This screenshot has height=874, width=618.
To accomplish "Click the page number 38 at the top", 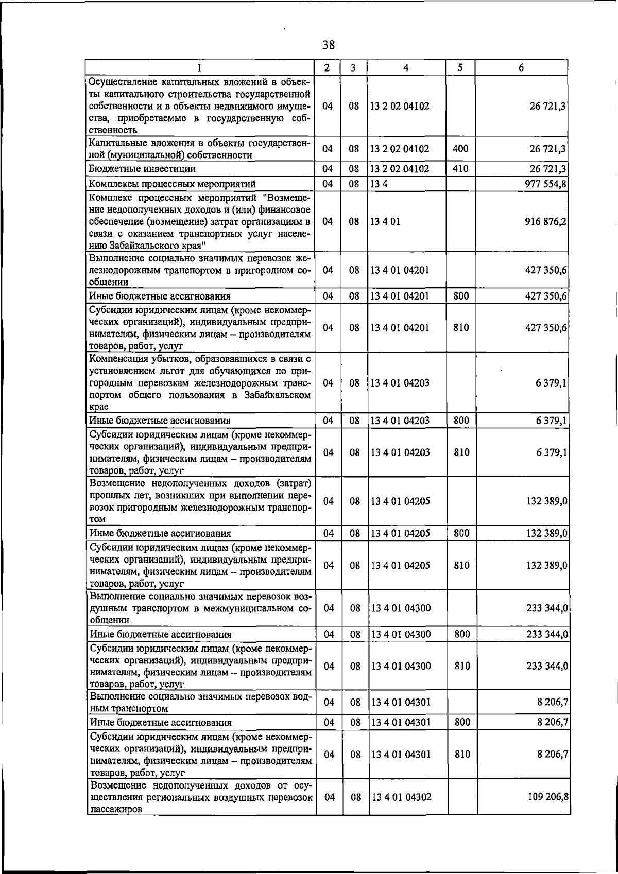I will pyautogui.click(x=329, y=45).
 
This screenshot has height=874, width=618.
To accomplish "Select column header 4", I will pyautogui.click(x=406, y=67).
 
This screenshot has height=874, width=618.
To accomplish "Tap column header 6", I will pyautogui.click(x=521, y=67).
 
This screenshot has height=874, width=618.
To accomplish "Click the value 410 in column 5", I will pyautogui.click(x=460, y=169).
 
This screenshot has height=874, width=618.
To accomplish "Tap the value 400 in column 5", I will pyautogui.click(x=460, y=149).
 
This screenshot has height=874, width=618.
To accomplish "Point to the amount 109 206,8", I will pyautogui.click(x=547, y=797).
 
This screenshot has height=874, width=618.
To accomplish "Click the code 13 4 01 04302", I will pyautogui.click(x=401, y=797).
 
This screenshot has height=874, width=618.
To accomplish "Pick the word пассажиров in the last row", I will pyautogui.click(x=115, y=809).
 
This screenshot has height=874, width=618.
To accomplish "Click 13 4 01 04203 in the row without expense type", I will pyautogui.click(x=400, y=383).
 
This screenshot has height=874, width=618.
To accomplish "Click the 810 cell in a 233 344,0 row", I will pyautogui.click(x=462, y=666).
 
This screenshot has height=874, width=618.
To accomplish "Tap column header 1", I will pyautogui.click(x=199, y=67).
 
